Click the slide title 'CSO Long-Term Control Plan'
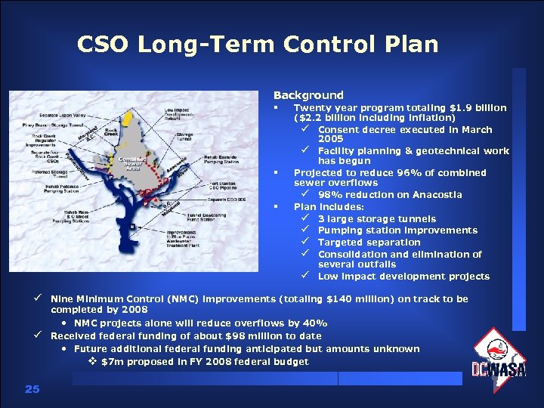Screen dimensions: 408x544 pos(258,45)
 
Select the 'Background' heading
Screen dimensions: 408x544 pos(308,95)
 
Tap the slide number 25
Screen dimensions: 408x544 pos(31,389)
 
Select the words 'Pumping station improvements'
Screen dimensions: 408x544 pos(397,230)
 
